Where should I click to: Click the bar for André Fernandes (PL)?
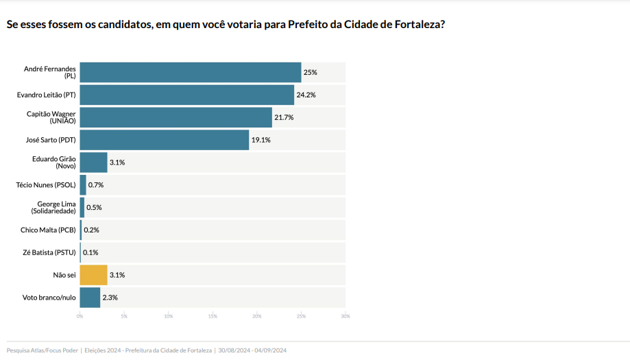191,72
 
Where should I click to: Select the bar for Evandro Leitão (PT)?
187,95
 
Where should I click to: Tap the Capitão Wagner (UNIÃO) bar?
176,117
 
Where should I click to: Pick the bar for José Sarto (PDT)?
165,140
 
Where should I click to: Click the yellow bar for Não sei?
93,275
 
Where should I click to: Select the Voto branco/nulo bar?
90,298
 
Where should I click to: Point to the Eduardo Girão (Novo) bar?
93,163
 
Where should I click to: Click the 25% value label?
311,72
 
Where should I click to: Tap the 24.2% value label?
306,95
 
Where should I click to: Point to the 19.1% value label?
261,140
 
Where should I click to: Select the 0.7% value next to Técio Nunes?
95,185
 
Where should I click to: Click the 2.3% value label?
110,298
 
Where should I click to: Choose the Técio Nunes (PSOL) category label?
46,185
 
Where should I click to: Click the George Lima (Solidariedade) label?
53,207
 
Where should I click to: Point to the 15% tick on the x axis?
213,316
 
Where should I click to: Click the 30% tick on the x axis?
345,316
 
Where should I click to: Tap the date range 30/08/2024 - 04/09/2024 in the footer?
252,350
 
